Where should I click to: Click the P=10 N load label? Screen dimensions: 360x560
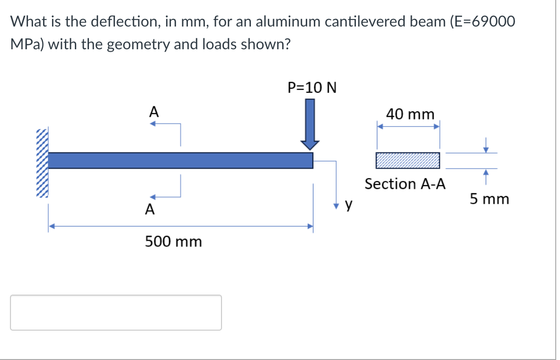(x=312, y=88)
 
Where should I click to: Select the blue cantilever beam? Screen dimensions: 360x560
(x=180, y=160)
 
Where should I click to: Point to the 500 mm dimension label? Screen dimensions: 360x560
(x=173, y=242)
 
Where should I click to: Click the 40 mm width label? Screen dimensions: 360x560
(x=410, y=114)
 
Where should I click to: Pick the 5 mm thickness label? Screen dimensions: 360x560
(x=489, y=199)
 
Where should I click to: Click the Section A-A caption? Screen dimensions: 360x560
(x=405, y=184)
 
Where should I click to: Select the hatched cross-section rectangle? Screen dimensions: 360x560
(x=408, y=161)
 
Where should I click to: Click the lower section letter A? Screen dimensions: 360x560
(x=149, y=209)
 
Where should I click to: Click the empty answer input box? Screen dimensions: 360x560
(x=116, y=313)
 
